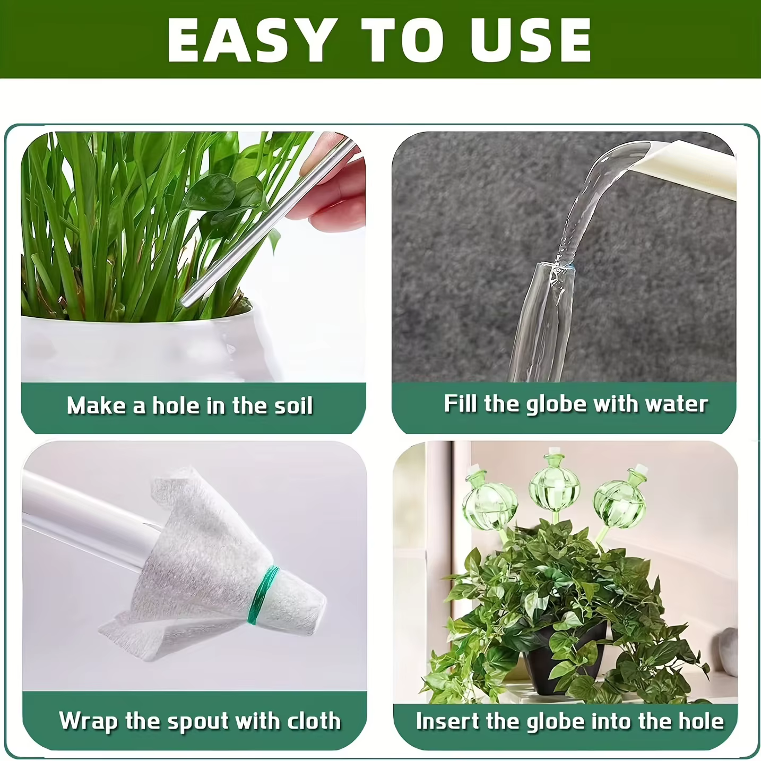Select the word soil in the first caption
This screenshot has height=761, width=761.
293,405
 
